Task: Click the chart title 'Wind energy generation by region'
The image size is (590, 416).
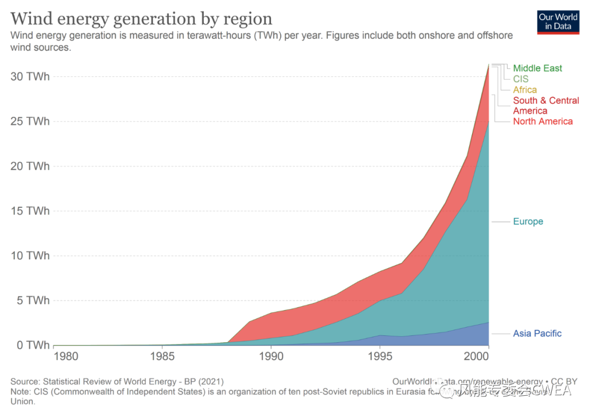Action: pyautogui.click(x=141, y=19)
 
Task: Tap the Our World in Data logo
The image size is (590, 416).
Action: pyautogui.click(x=558, y=22)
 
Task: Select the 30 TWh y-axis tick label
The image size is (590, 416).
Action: pyautogui.click(x=30, y=76)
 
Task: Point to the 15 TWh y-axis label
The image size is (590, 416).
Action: pyautogui.click(x=30, y=211)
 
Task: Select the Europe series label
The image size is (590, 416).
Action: pyautogui.click(x=528, y=222)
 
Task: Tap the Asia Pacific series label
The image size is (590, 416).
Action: pyautogui.click(x=537, y=334)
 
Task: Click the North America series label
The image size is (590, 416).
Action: pyautogui.click(x=542, y=121)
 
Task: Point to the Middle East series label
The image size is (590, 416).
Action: pyautogui.click(x=538, y=68)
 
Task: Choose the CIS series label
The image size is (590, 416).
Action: pyautogui.click(x=521, y=79)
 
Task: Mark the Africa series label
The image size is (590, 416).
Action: pyautogui.click(x=524, y=90)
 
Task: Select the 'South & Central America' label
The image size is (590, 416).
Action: pyautogui.click(x=545, y=105)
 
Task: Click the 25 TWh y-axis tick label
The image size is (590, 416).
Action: pyautogui.click(x=30, y=121)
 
